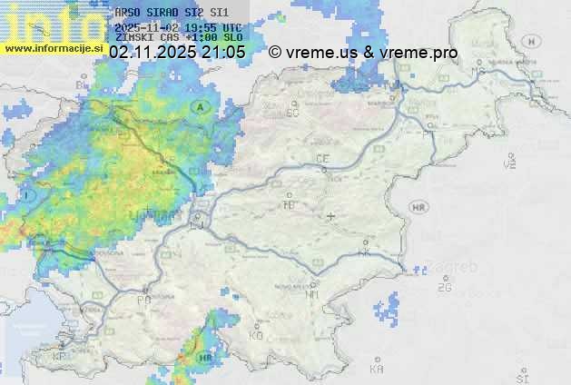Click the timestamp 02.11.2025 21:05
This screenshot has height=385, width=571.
click(177, 53)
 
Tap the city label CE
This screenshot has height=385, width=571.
click(321, 158)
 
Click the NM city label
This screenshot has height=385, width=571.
click(312, 294)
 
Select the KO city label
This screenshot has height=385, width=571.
click(256, 335)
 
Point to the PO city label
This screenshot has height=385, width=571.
click(143, 299)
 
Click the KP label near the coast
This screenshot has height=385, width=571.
click(60, 357)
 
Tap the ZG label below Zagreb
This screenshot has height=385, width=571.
click(444, 288)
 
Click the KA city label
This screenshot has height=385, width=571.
click(376, 369)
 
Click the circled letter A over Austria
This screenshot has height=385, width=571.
click(200, 106)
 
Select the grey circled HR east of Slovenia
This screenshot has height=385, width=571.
click(418, 208)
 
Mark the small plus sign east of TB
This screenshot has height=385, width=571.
click(331, 216)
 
